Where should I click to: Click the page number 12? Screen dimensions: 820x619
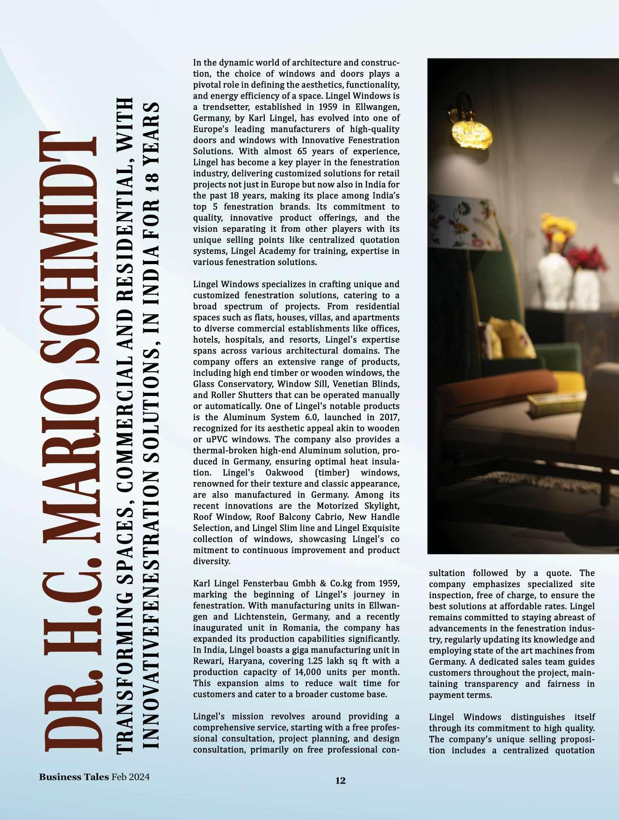pyautogui.click(x=340, y=780)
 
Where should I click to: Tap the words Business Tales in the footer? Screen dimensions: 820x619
pyautogui.click(x=73, y=777)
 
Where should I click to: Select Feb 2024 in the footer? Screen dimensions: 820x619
pyautogui.click(x=130, y=777)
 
